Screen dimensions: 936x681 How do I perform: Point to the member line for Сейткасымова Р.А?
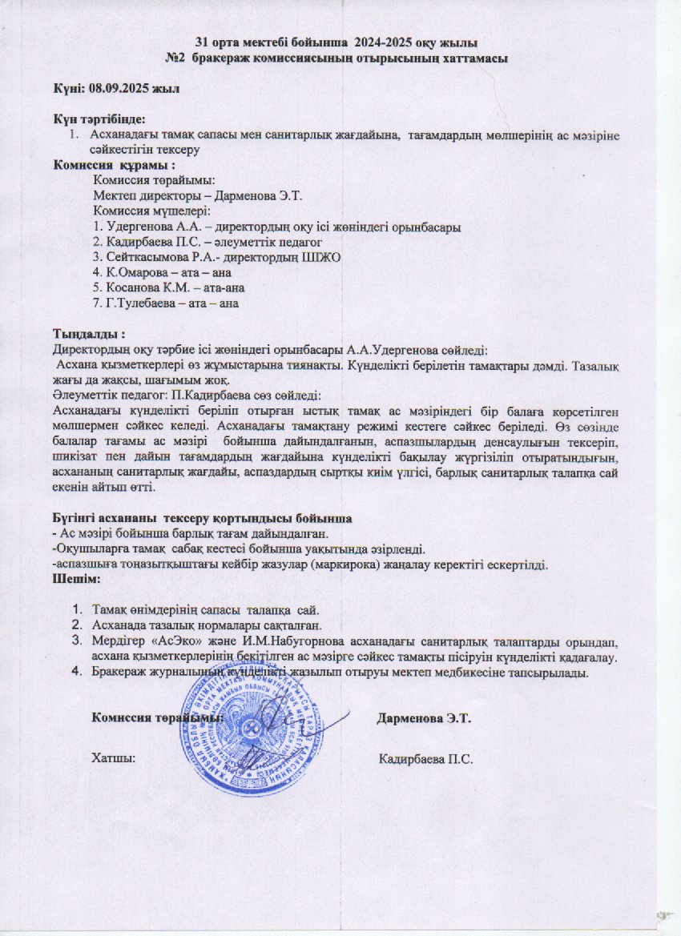point(217,257)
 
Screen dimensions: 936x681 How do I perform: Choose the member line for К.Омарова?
point(165,272)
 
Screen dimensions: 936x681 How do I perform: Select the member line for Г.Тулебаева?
point(167,303)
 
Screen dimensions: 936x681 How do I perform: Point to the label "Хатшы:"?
point(113,757)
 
